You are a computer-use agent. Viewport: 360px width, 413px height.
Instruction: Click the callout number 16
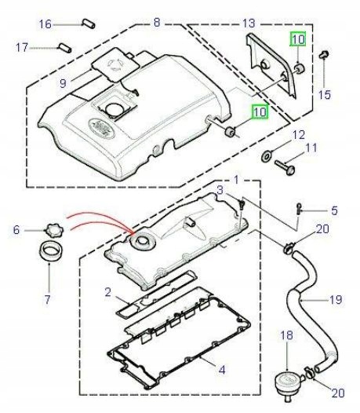tap(45, 24)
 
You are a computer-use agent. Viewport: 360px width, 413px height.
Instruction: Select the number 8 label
tap(157, 23)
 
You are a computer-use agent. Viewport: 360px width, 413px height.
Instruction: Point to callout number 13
tap(249, 23)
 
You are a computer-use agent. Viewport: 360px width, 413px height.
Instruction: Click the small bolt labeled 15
tap(325, 55)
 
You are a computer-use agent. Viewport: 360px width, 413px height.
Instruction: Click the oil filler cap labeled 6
tap(53, 230)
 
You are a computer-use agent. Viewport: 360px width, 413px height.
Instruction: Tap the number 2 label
tap(110, 292)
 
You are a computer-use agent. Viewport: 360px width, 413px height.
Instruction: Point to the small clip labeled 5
tap(299, 209)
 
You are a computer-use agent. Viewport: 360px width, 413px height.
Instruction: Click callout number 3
tap(222, 191)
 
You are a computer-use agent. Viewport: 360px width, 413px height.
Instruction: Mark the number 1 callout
tap(235, 181)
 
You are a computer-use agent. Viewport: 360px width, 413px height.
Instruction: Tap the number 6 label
tap(16, 230)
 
